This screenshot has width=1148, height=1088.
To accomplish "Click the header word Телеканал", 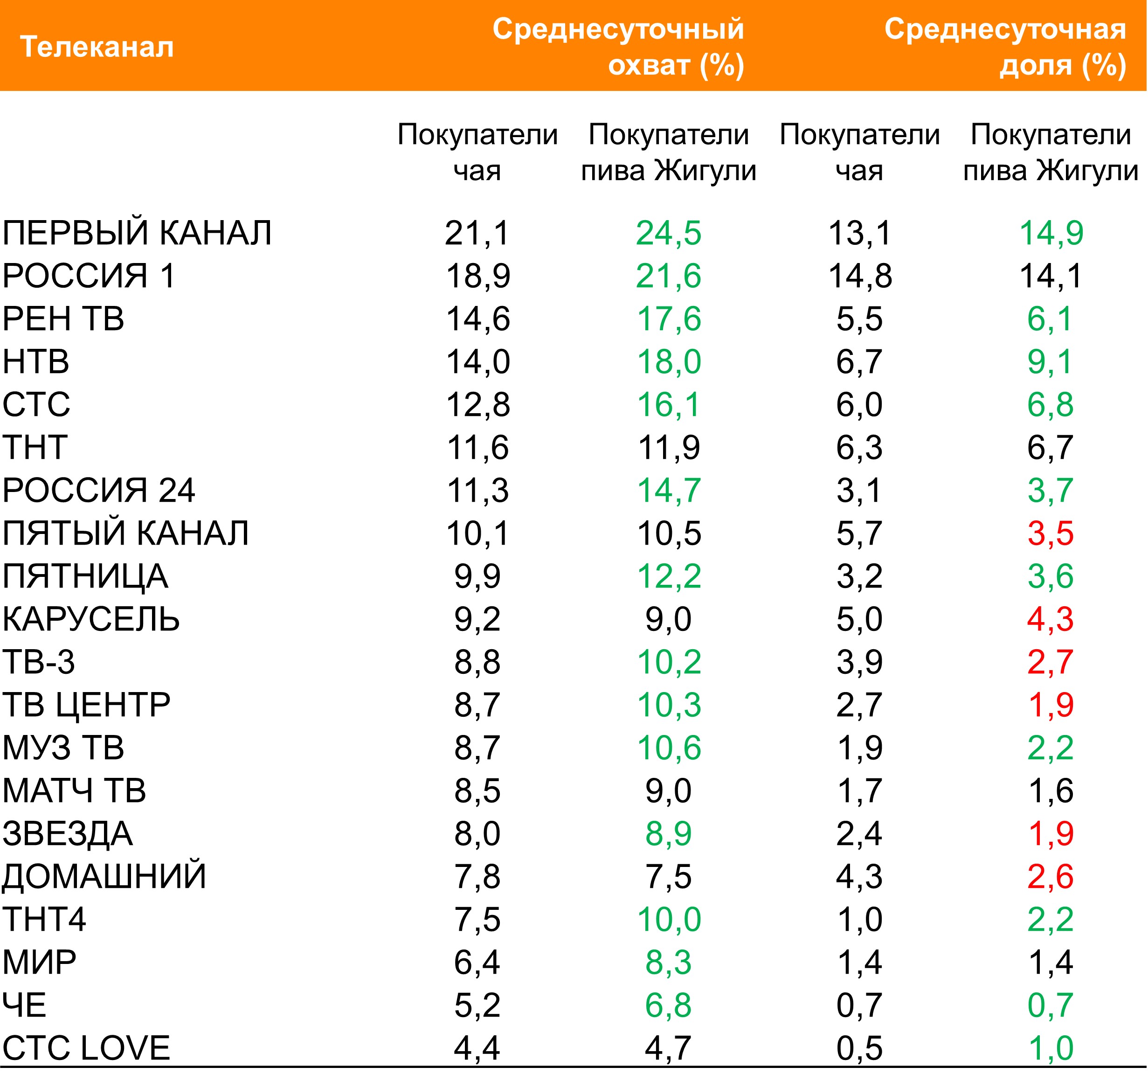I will click(x=97, y=47).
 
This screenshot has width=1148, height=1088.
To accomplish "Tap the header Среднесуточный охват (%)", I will click(x=618, y=47).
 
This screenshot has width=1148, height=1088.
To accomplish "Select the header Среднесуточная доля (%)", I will click(x=1005, y=47).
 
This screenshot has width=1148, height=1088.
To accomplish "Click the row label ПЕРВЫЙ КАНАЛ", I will click(x=137, y=233).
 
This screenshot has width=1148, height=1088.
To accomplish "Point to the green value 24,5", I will click(x=669, y=233).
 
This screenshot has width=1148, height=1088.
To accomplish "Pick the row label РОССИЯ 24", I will click(x=98, y=491).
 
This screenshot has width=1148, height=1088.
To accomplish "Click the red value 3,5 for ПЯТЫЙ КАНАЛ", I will click(x=1050, y=534).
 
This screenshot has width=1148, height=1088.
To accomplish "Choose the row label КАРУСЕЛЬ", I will click(x=91, y=619).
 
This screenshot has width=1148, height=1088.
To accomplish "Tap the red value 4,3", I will click(x=1050, y=619).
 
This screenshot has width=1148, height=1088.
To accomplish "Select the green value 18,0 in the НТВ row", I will click(x=669, y=362).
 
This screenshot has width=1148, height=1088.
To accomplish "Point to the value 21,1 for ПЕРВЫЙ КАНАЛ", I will click(x=477, y=233).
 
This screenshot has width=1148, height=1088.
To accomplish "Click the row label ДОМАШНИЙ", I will click(x=104, y=877).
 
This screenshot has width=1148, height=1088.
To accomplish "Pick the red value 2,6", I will click(x=1050, y=877).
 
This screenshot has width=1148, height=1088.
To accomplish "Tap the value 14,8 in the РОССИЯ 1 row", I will click(x=860, y=276).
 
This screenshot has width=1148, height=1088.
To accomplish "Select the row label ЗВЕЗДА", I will click(x=68, y=834).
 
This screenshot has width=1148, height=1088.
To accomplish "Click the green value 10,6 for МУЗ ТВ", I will click(x=669, y=748).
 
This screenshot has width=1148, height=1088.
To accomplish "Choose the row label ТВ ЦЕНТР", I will click(x=86, y=705).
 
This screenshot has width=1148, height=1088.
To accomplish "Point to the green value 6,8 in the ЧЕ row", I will click(x=669, y=1005).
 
